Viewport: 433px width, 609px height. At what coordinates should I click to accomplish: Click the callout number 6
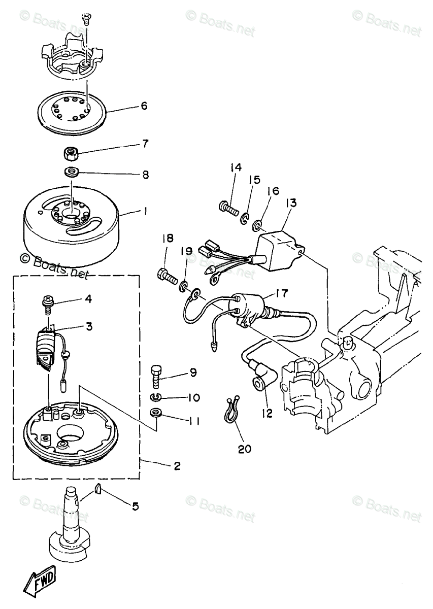coord(144,106)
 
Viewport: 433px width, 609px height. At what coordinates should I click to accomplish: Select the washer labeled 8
coord(72,172)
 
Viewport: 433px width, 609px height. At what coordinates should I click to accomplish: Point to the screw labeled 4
coord(47,302)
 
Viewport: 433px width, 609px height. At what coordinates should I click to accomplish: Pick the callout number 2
coord(176,466)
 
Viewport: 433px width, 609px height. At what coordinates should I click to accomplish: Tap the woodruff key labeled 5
coord(99,489)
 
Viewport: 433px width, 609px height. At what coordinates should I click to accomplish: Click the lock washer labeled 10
coord(156,397)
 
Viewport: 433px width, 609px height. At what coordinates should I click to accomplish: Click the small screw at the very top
coord(86,20)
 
